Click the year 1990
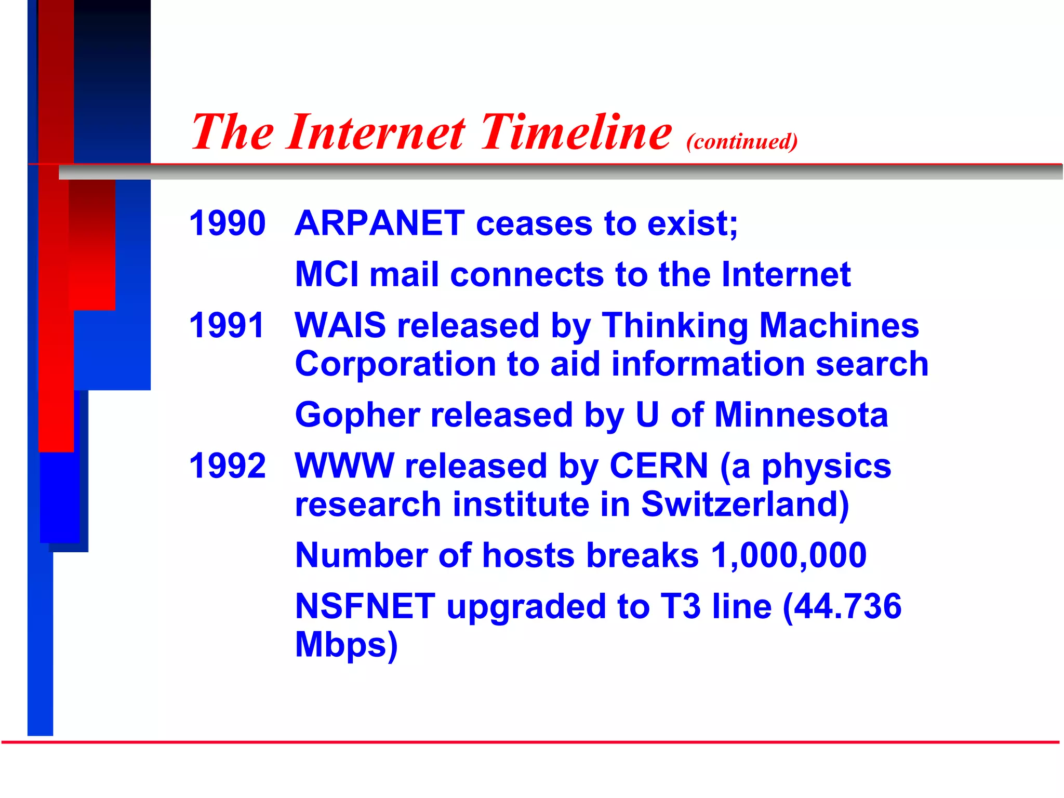(x=227, y=223)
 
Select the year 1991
(x=227, y=326)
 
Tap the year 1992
(x=227, y=465)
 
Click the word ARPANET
(x=379, y=223)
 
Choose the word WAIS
(x=340, y=326)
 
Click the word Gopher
(x=357, y=415)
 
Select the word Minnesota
(x=801, y=415)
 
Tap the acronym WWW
(x=344, y=465)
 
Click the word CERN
(x=659, y=465)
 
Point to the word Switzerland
(x=744, y=504)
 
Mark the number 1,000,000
(x=789, y=555)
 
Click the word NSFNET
(x=365, y=606)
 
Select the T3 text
(x=681, y=606)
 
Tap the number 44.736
(x=847, y=606)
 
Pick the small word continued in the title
(x=742, y=142)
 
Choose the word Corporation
(x=395, y=364)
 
